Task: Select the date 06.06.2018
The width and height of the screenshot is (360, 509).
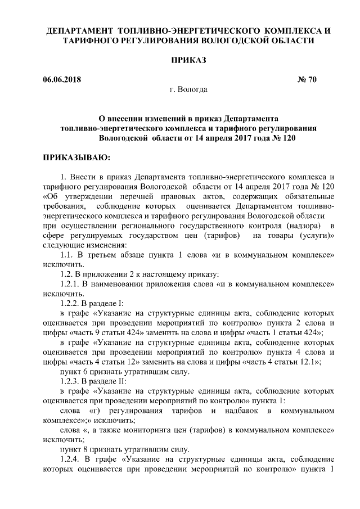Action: pos(62,79)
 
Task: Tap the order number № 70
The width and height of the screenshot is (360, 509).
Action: pos(307,79)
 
